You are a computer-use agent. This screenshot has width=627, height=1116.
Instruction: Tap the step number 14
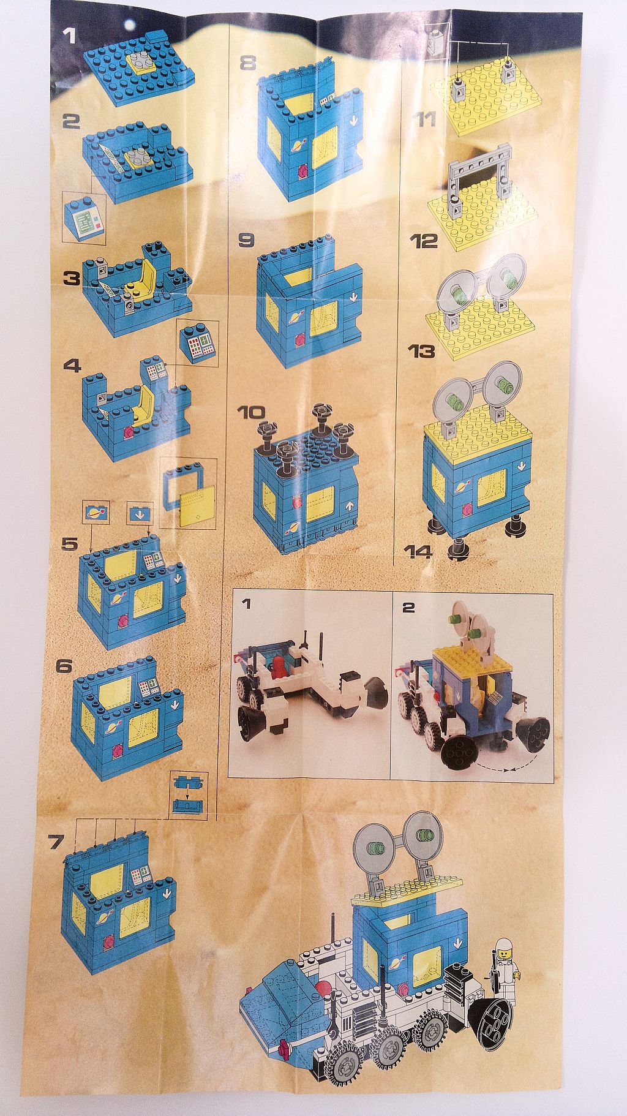point(418,551)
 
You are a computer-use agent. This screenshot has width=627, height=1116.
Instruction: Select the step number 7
point(56,842)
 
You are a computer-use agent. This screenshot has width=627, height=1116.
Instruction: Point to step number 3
point(71,279)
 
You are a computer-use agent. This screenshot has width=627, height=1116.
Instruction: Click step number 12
point(424,240)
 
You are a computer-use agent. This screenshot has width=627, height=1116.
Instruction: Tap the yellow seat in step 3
point(138,287)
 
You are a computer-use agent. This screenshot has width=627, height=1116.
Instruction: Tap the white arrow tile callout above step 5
point(138,513)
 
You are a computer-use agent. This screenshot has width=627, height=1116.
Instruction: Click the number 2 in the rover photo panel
point(408,606)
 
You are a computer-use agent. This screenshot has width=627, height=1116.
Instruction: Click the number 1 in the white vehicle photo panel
point(246,605)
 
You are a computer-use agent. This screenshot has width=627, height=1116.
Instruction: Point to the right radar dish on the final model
point(424,834)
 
